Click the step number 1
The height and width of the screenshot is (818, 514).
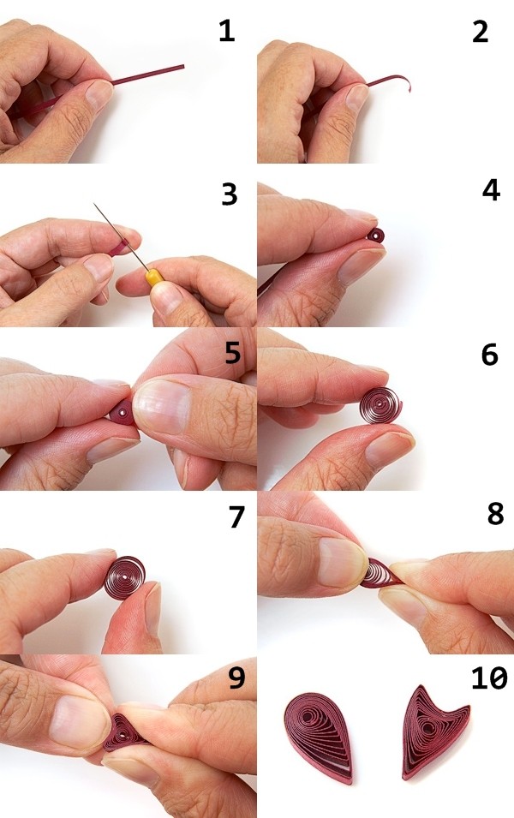pyautogui.click(x=226, y=31)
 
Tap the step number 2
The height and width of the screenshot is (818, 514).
pyautogui.click(x=480, y=32)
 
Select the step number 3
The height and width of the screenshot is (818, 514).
pyautogui.click(x=230, y=194)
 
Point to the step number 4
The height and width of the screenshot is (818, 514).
pyautogui.click(x=491, y=191)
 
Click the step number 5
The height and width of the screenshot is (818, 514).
pyautogui.click(x=233, y=353)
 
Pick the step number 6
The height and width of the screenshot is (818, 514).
pyautogui.click(x=489, y=355)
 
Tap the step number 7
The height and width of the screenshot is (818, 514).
pyautogui.click(x=237, y=516)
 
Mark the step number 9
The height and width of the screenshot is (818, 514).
pyautogui.click(x=237, y=678)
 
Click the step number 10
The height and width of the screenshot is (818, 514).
pyautogui.click(x=489, y=678)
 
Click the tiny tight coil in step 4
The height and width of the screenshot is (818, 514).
pyautogui.click(x=376, y=236)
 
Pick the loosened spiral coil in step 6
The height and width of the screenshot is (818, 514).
pyautogui.click(x=380, y=405)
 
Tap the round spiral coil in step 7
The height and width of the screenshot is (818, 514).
pyautogui.click(x=125, y=578)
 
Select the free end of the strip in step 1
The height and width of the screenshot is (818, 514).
pyautogui.click(x=182, y=66)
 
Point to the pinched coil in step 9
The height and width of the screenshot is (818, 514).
pyautogui.click(x=123, y=733)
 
